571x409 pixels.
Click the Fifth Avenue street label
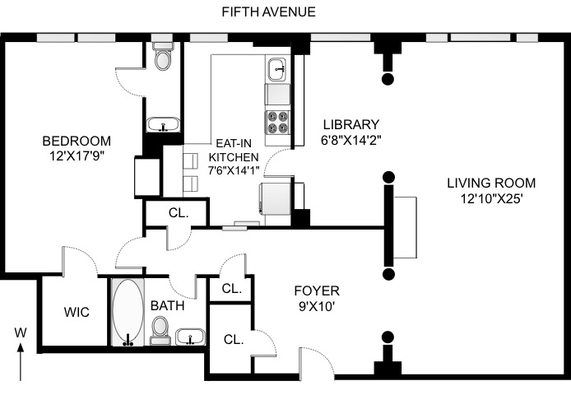coord(268,12)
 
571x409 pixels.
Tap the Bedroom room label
coord(77,141)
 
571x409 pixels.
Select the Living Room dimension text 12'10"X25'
coord(492,199)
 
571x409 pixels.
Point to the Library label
coord(351,124)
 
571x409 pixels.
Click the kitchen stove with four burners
coord(278,123)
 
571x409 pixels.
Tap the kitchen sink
coord(279,69)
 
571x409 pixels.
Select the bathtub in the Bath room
coord(128,313)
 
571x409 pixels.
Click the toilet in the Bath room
coord(160,330)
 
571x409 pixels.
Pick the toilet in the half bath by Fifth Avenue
coord(162,56)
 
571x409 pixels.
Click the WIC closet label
coord(77,312)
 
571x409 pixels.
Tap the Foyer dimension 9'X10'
coord(317,307)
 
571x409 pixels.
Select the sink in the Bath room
coord(190,337)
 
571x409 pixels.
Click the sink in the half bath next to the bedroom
coord(163,124)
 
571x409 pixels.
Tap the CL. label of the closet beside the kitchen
coord(179,213)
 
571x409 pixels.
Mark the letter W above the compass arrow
coord(21,332)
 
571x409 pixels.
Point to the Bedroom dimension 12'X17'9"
coord(77,156)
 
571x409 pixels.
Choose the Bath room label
coord(168,305)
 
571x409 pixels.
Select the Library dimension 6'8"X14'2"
coord(351,140)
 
